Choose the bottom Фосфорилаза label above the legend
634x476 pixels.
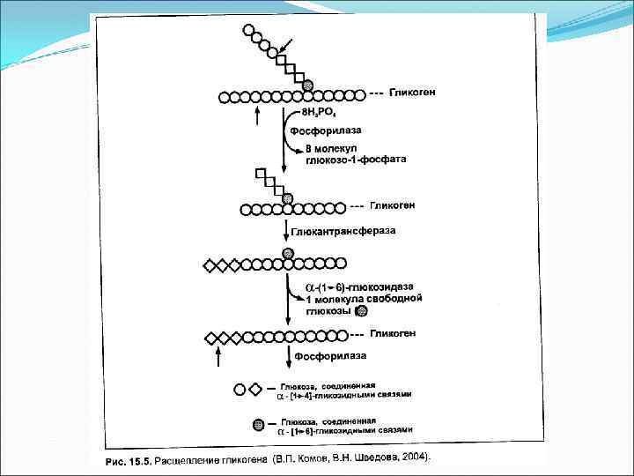[330, 356]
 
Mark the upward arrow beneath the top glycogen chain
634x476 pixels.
[256, 115]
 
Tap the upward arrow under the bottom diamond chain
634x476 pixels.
[219, 357]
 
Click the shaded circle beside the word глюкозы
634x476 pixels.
[350, 310]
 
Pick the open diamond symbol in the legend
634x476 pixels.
[255, 389]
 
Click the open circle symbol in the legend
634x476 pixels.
[239, 389]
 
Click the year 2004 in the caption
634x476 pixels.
[411, 457]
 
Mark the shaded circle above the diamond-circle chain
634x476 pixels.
[288, 254]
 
